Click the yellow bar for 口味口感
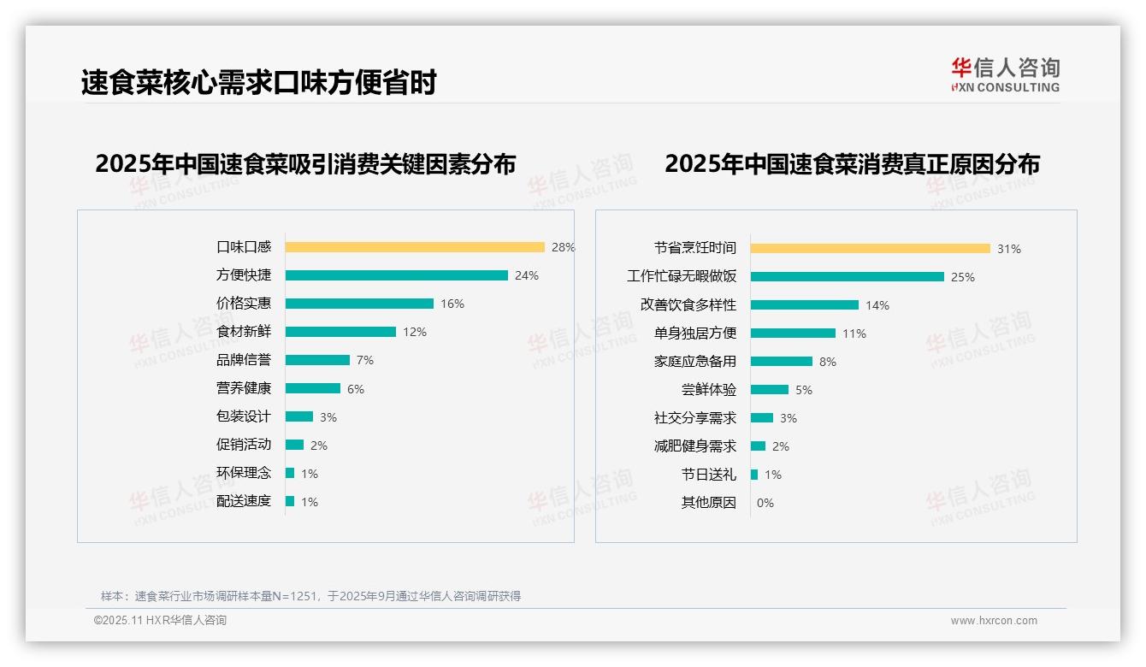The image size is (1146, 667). point(415,247)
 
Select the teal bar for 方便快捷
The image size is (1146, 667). point(396,275)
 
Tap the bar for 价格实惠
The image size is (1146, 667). point(359,304)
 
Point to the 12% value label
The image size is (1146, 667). point(415,332)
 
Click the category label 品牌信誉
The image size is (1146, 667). point(244,360)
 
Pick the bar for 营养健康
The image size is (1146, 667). point(312,388)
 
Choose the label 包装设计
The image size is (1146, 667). point(244,416)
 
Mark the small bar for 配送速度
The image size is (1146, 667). point(290,501)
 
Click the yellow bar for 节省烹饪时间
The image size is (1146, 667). point(871,248)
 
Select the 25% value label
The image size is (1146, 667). point(963,277)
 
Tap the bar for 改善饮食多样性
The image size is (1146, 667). point(805,305)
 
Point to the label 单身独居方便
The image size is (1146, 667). point(695,333)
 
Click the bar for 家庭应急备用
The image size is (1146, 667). point(782,362)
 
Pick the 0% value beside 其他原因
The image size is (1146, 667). point(765,503)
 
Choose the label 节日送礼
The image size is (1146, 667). point(709,475)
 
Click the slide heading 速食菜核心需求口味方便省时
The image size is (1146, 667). point(259,82)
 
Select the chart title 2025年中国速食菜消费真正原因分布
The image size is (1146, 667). point(852,163)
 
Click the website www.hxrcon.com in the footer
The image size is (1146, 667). point(994,621)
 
